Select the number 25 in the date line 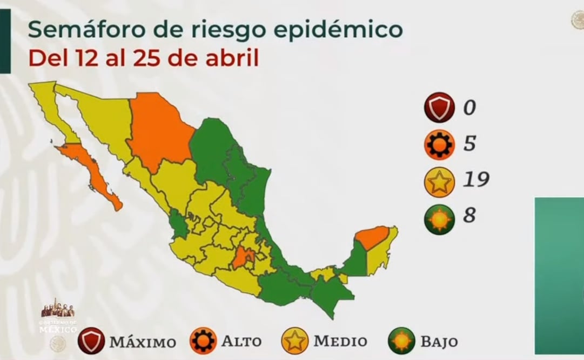tap(143, 58)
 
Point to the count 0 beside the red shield tap(469, 108)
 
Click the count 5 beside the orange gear tap(469, 144)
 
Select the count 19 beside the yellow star tap(475, 179)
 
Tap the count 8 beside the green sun tap(469, 215)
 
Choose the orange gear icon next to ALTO tap(203, 341)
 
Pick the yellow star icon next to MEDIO tap(295, 341)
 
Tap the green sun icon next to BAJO tap(402, 341)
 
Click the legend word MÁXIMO tap(143, 342)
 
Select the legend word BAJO tap(439, 342)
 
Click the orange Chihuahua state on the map tap(159, 130)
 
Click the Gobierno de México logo tap(58, 319)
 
